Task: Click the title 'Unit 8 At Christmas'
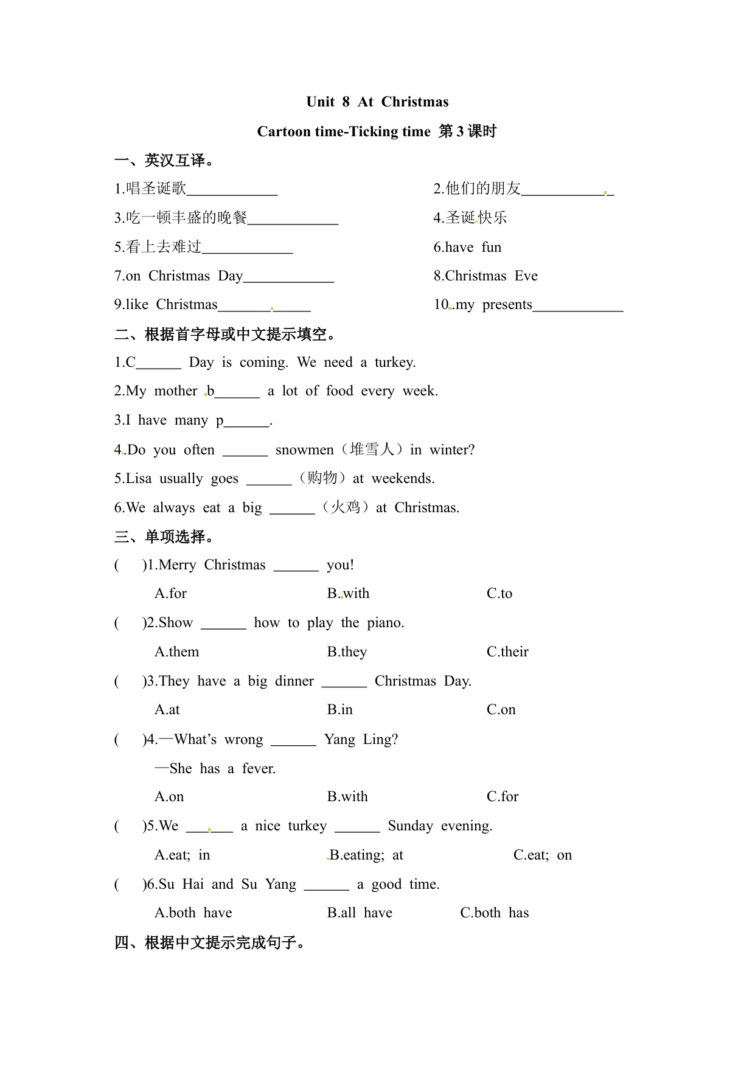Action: (377, 102)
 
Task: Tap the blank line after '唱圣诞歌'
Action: (232, 190)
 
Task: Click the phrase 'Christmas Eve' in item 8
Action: (492, 276)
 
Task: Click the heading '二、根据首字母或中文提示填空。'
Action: (226, 334)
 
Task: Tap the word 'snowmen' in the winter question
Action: (304, 450)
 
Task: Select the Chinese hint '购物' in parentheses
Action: (322, 478)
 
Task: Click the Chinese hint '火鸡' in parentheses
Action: (346, 507)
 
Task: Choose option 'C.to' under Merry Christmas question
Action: (499, 594)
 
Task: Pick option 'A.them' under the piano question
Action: (176, 652)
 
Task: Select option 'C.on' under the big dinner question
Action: (501, 710)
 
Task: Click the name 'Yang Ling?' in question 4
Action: (361, 740)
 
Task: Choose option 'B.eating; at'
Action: (366, 855)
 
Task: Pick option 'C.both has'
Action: (494, 913)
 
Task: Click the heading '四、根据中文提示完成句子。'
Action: (210, 943)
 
